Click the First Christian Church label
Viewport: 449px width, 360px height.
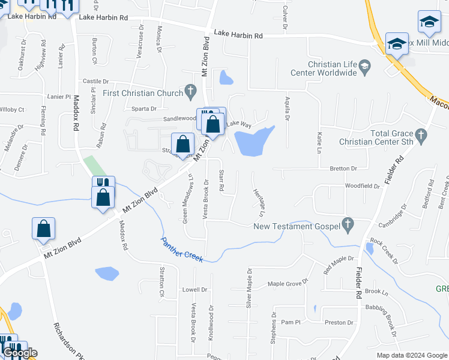(142, 93)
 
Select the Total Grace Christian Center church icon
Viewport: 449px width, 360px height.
(421, 137)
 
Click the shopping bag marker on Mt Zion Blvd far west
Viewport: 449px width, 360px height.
(43, 229)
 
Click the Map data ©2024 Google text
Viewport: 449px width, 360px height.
(411, 355)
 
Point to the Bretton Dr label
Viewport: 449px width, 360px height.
(343, 169)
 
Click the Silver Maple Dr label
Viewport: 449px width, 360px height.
(249, 289)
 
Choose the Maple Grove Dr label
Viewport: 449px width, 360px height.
(288, 283)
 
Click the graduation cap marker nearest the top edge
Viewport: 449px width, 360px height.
(429, 22)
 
